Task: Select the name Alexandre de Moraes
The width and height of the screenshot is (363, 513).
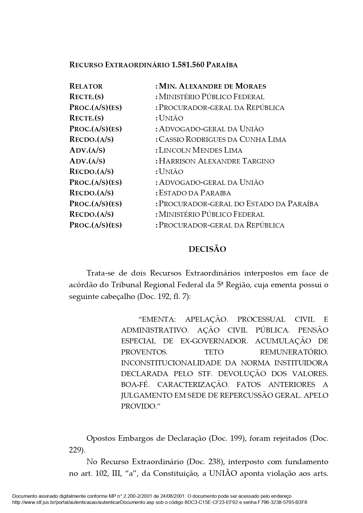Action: tap(222, 86)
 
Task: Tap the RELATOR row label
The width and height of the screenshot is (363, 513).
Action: tap(86, 86)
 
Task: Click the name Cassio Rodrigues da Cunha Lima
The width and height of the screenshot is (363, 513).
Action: tap(222, 140)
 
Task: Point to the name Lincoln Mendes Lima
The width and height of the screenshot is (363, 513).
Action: tap(200, 150)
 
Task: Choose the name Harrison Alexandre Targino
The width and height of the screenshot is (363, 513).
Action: tap(216, 161)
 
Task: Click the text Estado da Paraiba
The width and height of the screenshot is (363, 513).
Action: tap(195, 193)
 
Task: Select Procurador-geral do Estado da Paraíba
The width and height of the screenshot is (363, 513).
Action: tap(238, 204)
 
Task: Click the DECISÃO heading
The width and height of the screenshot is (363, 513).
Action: tap(207, 249)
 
